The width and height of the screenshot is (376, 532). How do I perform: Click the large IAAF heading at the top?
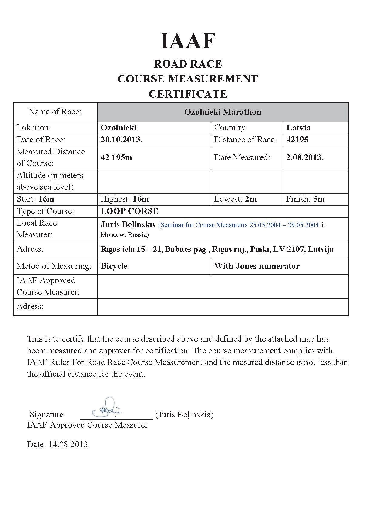click(x=188, y=41)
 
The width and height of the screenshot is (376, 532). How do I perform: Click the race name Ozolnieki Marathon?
click(x=223, y=112)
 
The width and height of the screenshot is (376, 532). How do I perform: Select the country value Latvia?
click(x=298, y=128)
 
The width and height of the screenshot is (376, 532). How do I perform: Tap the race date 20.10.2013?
click(x=121, y=140)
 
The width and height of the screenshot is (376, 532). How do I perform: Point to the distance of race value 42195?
click(x=297, y=140)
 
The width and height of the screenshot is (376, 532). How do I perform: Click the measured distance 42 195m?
click(x=116, y=157)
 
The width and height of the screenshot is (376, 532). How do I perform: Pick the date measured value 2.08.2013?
click(x=305, y=157)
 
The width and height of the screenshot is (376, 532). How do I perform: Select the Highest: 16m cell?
click(x=125, y=199)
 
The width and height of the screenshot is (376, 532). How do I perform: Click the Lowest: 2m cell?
click(x=235, y=199)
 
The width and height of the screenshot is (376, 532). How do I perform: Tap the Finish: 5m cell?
click(x=305, y=199)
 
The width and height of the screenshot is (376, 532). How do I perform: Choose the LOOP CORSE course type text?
click(x=129, y=211)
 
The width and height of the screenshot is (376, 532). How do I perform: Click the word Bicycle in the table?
click(x=114, y=266)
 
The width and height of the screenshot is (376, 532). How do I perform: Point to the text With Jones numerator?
click(x=257, y=266)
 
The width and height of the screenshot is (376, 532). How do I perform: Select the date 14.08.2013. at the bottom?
click(x=69, y=444)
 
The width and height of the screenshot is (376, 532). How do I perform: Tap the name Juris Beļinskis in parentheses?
click(x=184, y=415)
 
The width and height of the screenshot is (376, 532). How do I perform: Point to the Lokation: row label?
click(x=34, y=127)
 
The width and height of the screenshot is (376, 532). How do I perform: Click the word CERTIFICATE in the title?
click(x=188, y=94)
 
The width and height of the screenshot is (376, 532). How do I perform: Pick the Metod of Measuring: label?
click(x=54, y=266)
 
